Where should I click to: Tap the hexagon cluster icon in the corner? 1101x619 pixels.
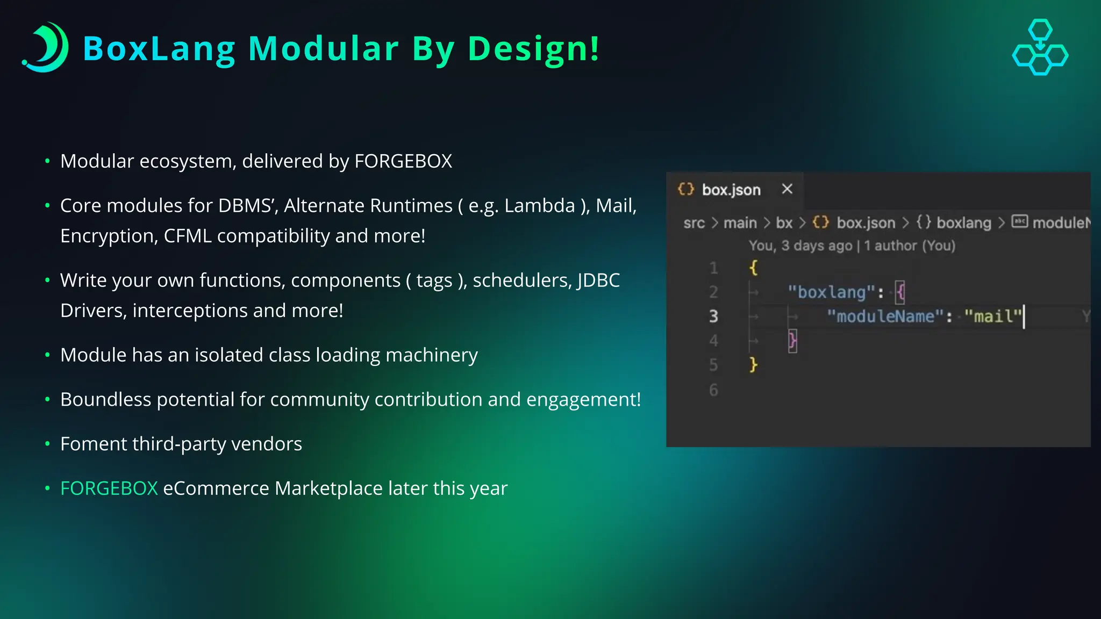[1040, 47]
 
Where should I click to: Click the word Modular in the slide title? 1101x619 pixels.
[323, 49]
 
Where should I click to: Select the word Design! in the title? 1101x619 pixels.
[533, 49]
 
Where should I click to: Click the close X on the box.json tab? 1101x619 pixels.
[787, 189]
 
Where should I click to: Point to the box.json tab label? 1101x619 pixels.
[731, 190]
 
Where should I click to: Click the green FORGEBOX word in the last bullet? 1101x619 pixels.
[109, 488]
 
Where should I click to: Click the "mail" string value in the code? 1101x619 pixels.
[993, 316]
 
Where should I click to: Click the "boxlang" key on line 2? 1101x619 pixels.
[832, 292]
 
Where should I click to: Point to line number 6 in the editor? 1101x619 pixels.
[713, 390]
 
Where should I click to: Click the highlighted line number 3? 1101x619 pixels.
[713, 316]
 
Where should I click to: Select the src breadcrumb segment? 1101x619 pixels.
[694, 223]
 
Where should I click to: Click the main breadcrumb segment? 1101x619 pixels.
[740, 223]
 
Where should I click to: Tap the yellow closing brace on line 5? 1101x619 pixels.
[753, 365]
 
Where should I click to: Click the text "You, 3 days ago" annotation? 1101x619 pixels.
[800, 246]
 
